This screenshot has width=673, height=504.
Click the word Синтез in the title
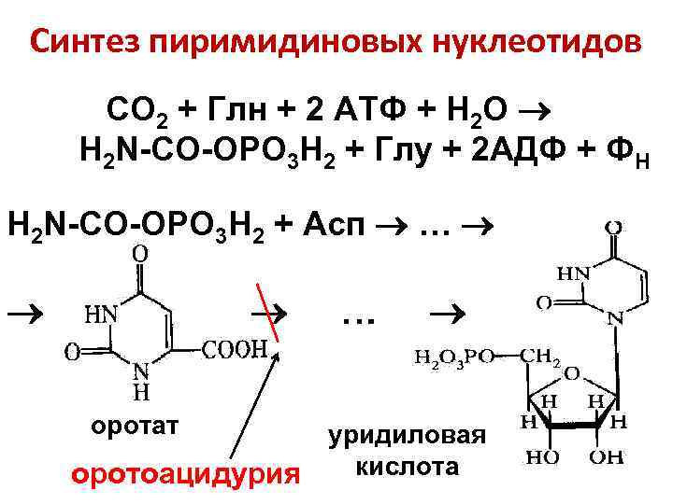point(82,43)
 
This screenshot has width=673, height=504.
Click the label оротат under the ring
point(134,426)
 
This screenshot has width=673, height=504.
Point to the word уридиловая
point(407,436)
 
